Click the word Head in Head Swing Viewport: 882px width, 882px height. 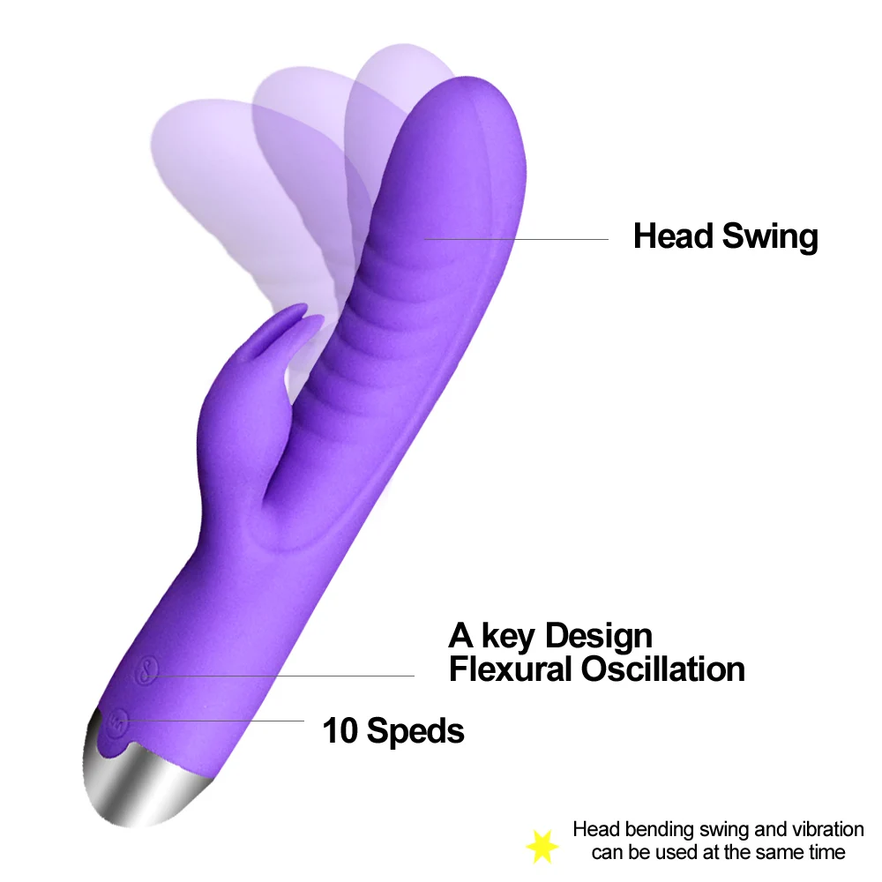click(673, 236)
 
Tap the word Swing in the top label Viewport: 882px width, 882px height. click(770, 236)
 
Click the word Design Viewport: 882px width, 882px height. click(598, 636)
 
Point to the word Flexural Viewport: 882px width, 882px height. click(510, 669)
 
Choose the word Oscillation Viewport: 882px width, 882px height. click(662, 669)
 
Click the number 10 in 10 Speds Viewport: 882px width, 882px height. click(340, 730)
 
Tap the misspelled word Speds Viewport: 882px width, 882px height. click(415, 731)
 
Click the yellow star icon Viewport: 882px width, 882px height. click(542, 846)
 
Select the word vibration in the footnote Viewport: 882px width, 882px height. click(823, 829)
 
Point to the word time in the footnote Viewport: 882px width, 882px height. click(826, 852)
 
